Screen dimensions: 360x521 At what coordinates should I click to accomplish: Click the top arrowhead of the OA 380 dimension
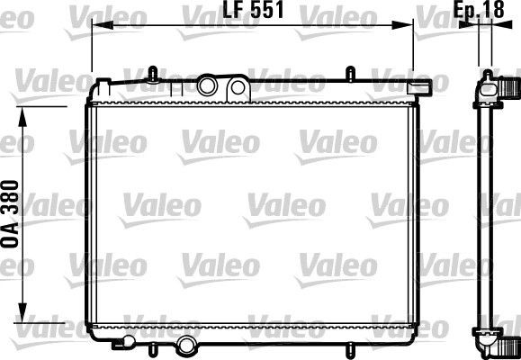click(x=23, y=112)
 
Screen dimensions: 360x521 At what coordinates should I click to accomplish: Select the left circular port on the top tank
click(x=208, y=87)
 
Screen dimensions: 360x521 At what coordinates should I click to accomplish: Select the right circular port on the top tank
click(x=238, y=87)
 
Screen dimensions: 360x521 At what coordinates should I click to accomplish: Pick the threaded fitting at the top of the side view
click(x=509, y=87)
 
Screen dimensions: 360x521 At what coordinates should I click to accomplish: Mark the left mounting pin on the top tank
click(x=154, y=71)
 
